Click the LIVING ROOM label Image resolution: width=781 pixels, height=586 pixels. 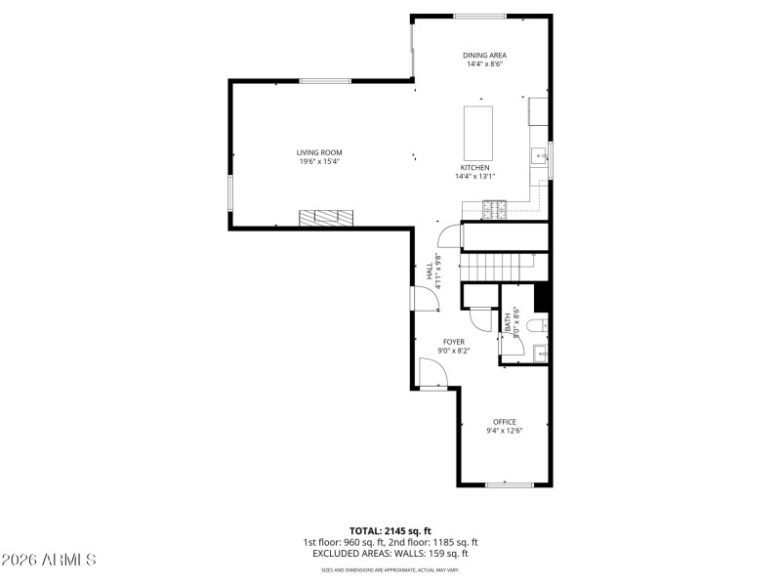tap(319, 152)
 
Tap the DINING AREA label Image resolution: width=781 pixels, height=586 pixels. tap(484, 55)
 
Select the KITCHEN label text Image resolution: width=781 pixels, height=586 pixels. tap(475, 168)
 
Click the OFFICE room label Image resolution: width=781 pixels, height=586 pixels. tap(505, 422)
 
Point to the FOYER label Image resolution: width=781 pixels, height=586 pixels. tap(454, 342)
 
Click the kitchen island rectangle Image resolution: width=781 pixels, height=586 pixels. tap(478, 131)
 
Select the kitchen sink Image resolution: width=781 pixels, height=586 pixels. tap(537, 154)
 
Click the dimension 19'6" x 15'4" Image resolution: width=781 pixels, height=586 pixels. tap(319, 161)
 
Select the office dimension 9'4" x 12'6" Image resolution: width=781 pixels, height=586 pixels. tap(505, 431)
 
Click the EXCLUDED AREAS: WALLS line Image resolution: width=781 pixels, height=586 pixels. tap(390, 553)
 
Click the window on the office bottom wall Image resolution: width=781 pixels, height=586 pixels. tap(509, 484)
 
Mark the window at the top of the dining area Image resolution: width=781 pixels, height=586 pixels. tap(479, 16)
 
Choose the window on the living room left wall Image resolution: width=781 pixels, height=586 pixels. tap(230, 192)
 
